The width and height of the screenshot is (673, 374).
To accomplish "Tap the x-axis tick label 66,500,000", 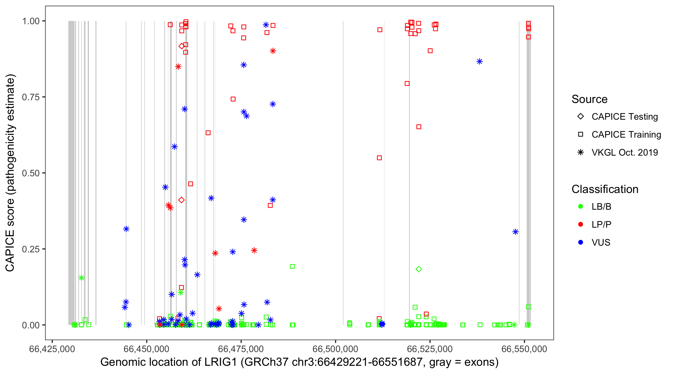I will pyautogui.click(x=335, y=349).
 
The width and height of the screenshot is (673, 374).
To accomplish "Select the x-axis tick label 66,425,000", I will pyautogui.click(x=52, y=349).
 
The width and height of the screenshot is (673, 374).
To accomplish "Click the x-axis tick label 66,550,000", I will pyautogui.click(x=524, y=349).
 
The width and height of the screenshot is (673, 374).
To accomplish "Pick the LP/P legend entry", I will pyautogui.click(x=601, y=224).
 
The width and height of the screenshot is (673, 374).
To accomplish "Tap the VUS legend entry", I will pyautogui.click(x=601, y=243).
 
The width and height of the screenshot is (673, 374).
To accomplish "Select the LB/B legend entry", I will pyautogui.click(x=601, y=206).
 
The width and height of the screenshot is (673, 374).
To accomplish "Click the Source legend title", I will pyautogui.click(x=589, y=99).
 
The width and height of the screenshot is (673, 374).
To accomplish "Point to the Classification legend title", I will pyautogui.click(x=605, y=189).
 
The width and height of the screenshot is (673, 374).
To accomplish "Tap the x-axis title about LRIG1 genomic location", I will pyautogui.click(x=299, y=362).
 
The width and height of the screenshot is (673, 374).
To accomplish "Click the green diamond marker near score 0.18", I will pyautogui.click(x=419, y=269).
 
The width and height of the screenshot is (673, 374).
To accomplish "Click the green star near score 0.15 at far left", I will pyautogui.click(x=82, y=278).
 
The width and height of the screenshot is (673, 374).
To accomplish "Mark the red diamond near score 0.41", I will pyautogui.click(x=181, y=200).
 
